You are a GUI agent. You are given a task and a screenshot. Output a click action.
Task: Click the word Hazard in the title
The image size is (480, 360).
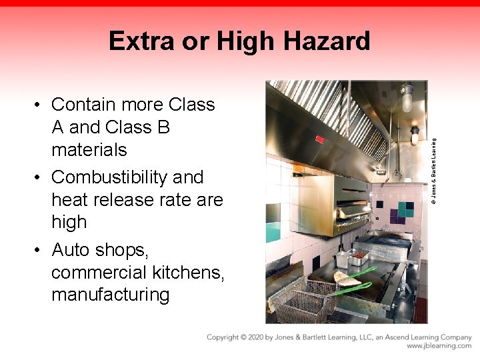[327, 41]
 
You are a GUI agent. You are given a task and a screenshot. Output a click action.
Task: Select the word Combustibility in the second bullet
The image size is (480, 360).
[109, 177]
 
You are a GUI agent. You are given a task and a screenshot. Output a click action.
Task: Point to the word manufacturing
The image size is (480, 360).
[111, 295]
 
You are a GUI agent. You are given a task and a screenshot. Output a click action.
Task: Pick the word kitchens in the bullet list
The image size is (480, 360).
[190, 272]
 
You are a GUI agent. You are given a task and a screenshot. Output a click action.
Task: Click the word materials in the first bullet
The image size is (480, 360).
[89, 149]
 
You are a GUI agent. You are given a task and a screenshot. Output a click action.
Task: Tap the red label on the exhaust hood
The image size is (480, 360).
[320, 139]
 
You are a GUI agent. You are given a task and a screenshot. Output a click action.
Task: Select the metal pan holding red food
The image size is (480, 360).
[359, 255]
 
